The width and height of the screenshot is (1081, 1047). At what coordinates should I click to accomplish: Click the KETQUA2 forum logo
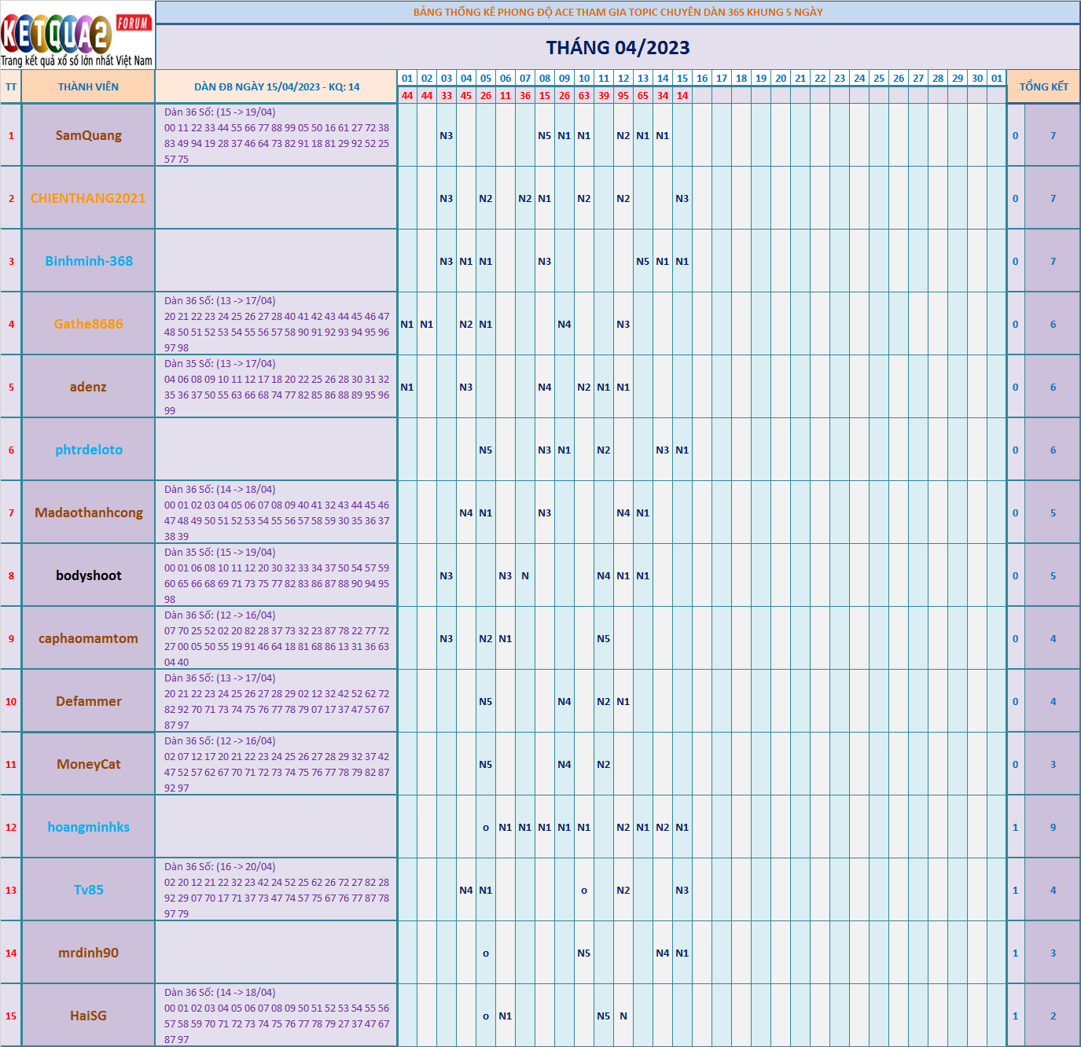[x=77, y=36]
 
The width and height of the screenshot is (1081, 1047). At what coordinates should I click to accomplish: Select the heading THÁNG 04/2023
[x=618, y=48]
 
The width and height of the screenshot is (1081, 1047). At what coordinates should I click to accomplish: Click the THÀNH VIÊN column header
[x=88, y=87]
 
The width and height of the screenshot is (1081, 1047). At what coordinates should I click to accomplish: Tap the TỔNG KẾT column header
[x=1043, y=87]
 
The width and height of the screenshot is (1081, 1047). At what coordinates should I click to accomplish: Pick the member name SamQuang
[x=88, y=135]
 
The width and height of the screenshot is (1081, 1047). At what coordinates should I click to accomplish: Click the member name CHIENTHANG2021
[x=88, y=198]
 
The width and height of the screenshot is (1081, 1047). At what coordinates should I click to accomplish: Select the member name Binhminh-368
[x=88, y=261]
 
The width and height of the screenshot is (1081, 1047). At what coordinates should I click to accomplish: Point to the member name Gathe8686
[x=88, y=324]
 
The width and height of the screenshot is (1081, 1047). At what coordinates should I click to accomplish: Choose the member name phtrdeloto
[x=88, y=450]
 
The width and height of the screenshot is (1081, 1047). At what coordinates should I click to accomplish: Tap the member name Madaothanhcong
[x=88, y=512]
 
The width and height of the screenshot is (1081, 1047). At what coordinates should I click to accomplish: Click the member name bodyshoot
[x=88, y=575]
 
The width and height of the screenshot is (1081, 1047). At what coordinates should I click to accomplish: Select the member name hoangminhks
[x=88, y=827]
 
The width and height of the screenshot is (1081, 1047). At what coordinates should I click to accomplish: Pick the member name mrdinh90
[x=88, y=953]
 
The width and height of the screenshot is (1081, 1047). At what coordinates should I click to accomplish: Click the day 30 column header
[x=977, y=79]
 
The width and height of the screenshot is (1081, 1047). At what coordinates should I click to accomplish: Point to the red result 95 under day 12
[x=623, y=96]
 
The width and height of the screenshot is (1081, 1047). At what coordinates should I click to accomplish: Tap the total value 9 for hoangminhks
[x=1053, y=828]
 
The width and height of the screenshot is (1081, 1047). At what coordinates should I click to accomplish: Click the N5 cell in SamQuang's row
[x=545, y=136]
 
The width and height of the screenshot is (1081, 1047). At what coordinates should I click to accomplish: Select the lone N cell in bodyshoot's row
[x=525, y=576]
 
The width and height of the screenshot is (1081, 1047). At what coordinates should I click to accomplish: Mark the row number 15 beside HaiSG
[x=11, y=1016]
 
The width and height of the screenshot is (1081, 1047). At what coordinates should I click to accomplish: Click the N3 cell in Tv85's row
[x=682, y=891]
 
